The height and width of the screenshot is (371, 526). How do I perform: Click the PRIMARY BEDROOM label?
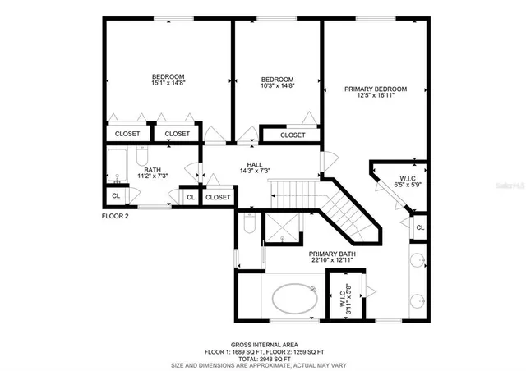click(376, 88)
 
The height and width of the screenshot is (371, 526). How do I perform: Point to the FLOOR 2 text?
click(117, 216)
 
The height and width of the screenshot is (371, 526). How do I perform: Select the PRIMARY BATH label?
click(332, 254)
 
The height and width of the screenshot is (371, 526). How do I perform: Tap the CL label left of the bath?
click(116, 196)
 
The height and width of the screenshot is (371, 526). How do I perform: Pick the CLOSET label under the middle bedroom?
click(292, 135)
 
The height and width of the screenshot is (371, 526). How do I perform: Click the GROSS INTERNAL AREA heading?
click(265, 344)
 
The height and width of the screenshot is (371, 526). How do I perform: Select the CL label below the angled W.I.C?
click(419, 227)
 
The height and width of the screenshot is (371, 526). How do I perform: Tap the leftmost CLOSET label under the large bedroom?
click(127, 133)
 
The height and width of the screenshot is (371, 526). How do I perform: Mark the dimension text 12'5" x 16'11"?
click(376, 95)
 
